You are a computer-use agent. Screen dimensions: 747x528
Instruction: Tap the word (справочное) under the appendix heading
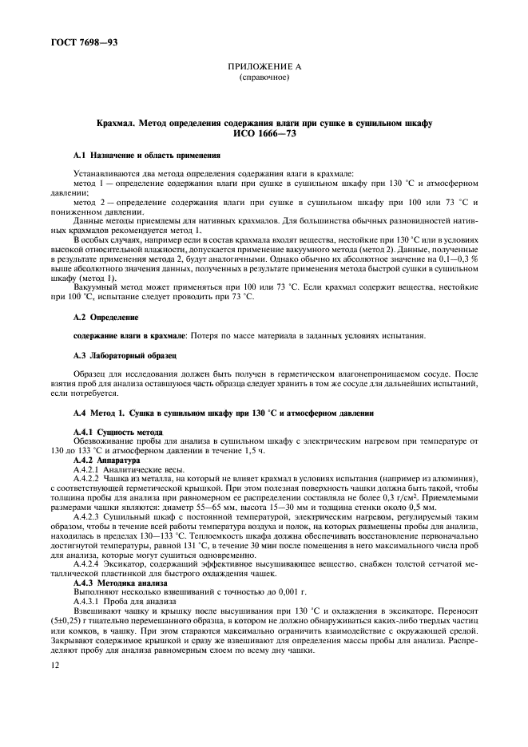(263, 79)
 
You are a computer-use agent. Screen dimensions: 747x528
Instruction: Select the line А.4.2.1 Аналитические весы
(129, 470)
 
